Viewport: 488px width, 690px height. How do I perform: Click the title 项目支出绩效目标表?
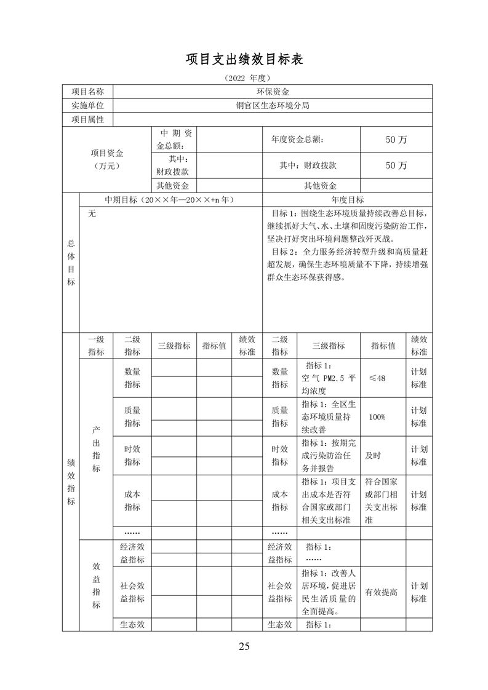pyautogui.click(x=244, y=60)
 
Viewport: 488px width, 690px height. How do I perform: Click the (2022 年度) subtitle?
pyautogui.click(x=244, y=79)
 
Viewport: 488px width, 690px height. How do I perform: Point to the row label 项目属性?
pyautogui.click(x=87, y=119)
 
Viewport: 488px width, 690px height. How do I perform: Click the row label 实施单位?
pyautogui.click(x=87, y=105)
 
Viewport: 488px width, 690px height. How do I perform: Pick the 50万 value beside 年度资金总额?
pyautogui.click(x=396, y=140)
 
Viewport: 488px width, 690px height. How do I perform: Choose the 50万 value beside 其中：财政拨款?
pyautogui.click(x=396, y=165)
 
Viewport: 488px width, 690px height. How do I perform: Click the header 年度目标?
pyautogui.click(x=347, y=200)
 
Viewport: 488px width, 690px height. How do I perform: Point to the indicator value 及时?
pyautogui.click(x=373, y=456)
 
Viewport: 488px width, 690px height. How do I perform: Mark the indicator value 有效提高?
pyautogui.click(x=381, y=592)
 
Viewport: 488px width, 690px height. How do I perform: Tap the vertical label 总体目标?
pyautogui.click(x=71, y=263)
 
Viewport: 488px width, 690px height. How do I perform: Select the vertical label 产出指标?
pyautogui.click(x=96, y=448)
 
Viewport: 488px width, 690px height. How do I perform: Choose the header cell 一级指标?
pyautogui.click(x=96, y=346)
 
